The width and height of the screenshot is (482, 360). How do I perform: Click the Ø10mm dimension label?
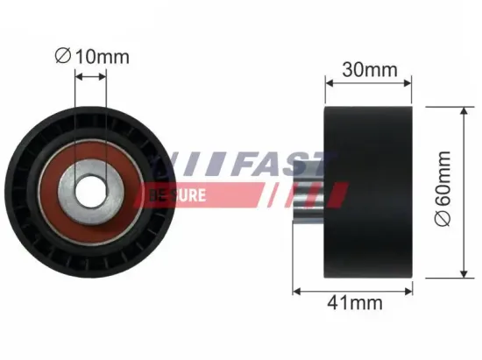[91, 57]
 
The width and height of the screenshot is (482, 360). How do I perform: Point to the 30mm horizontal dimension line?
[367, 84]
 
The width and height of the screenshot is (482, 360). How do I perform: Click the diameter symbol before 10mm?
[61, 57]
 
